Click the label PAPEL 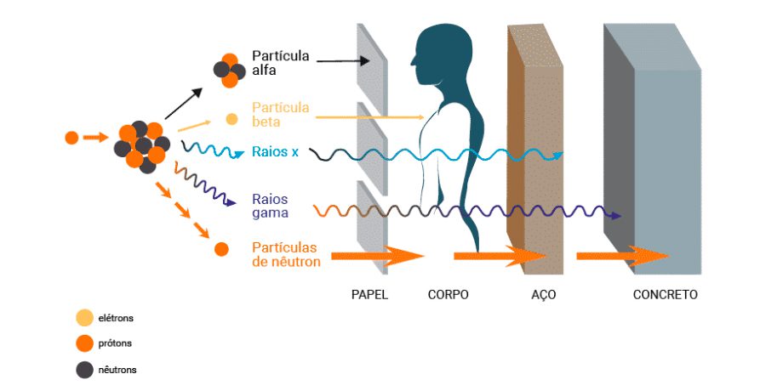369,295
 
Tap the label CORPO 449,295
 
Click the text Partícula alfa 279,63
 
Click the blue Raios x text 275,152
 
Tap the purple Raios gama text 270,206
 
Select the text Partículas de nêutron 287,254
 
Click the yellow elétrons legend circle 84,319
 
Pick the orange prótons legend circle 84,344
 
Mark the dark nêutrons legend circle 84,370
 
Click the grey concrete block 664,161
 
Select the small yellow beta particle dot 231,120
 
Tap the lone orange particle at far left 71,137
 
